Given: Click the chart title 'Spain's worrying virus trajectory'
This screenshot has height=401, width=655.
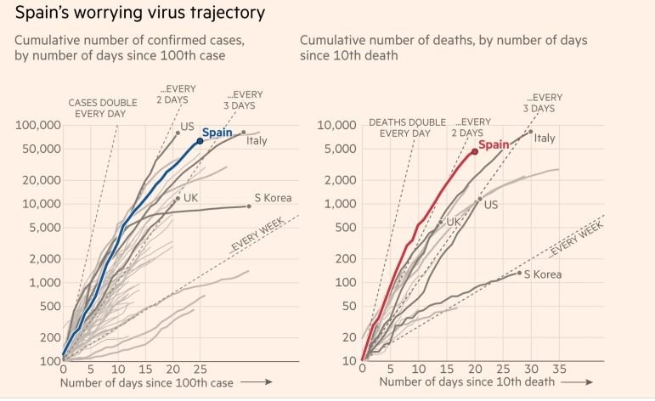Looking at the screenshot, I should (x=139, y=14).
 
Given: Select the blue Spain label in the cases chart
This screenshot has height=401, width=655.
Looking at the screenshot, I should (x=217, y=133).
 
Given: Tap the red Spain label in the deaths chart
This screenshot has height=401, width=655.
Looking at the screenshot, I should (x=494, y=144).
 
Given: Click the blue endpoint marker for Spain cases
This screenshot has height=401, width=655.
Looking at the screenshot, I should (x=200, y=141).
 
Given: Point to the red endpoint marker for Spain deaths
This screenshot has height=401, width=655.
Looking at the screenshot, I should (x=474, y=152).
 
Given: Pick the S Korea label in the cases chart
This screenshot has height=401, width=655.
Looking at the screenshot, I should (x=273, y=198).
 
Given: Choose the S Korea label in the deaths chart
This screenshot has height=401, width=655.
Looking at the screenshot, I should (x=542, y=274).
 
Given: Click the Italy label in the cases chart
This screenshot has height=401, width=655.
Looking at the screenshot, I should (x=257, y=140).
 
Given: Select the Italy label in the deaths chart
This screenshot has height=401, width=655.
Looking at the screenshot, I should (x=545, y=138).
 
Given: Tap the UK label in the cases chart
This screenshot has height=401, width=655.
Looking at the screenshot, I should (x=191, y=198).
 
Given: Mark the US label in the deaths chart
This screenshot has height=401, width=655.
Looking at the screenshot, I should (x=490, y=205).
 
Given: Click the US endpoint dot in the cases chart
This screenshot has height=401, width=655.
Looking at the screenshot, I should (x=178, y=133).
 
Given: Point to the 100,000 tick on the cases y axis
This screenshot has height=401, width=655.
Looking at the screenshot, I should (x=37, y=125).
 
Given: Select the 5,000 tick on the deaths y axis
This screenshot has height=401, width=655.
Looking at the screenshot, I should (x=336, y=149).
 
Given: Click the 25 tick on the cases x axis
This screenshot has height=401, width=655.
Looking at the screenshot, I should (x=200, y=370).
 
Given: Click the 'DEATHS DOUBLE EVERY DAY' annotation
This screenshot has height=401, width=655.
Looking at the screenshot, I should (x=407, y=127).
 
